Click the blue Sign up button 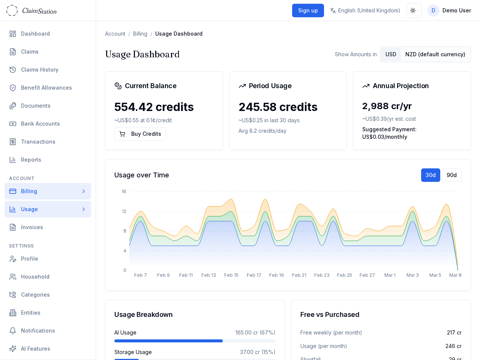(x=308, y=10)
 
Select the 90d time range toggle (x=451, y=175)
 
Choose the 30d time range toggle (x=430, y=175)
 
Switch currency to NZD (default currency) (x=435, y=54)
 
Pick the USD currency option (x=391, y=54)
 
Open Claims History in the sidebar (x=40, y=70)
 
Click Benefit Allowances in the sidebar (x=46, y=88)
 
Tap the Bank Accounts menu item (x=40, y=124)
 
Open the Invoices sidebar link (x=32, y=227)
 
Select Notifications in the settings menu (x=38, y=331)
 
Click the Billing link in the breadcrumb (x=140, y=34)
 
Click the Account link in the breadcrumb (x=115, y=34)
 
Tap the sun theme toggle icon (x=414, y=10)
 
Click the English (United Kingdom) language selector (x=365, y=10)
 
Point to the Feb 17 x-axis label (x=254, y=275)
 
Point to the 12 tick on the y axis (x=124, y=211)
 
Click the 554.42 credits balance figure (x=154, y=107)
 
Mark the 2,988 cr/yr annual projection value (x=387, y=106)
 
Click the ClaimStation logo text (x=39, y=11)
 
